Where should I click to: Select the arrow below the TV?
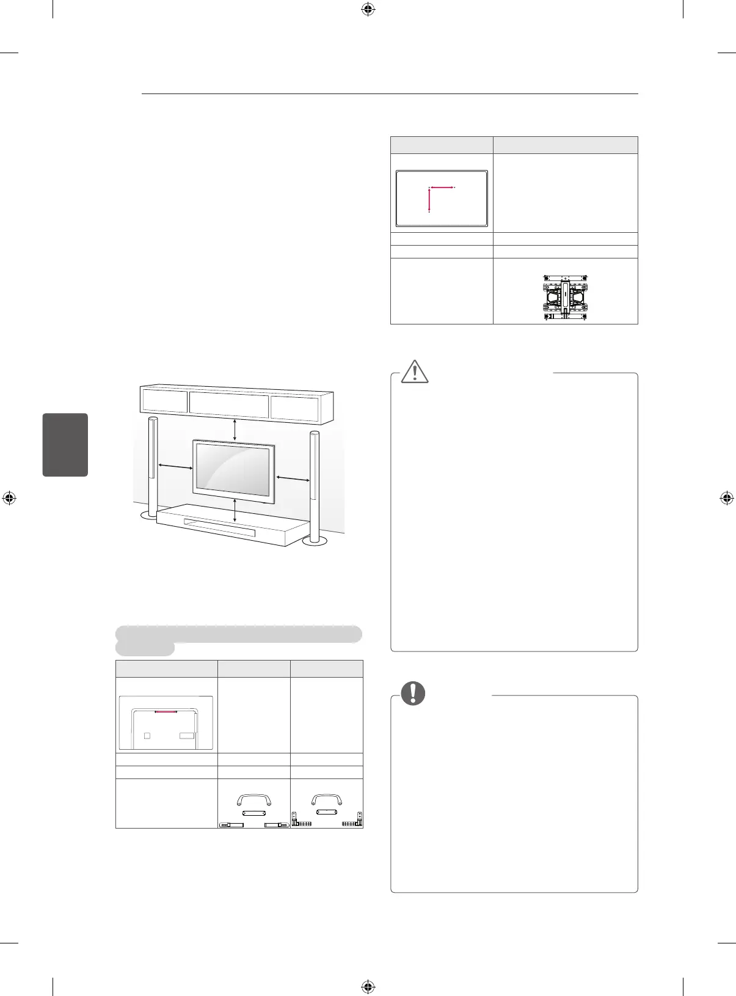[235, 510]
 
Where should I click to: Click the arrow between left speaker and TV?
[176, 467]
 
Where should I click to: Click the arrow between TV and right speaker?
[293, 478]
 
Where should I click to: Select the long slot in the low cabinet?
[219, 529]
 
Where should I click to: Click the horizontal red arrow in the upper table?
[442, 187]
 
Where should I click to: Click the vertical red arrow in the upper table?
[429, 200]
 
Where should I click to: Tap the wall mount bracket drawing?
[565, 297]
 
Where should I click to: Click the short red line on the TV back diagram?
[166, 712]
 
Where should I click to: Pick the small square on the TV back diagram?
[147, 736]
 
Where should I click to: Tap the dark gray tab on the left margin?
[65, 444]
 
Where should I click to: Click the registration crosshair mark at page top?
[368, 9]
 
